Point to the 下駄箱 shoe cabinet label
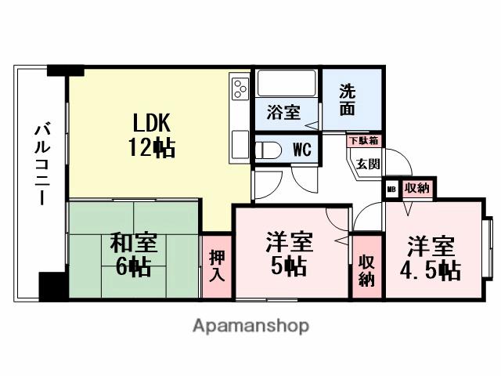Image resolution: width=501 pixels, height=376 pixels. (x=363, y=141)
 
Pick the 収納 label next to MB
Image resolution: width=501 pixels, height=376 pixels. (x=417, y=188)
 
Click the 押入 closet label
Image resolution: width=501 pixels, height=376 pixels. (x=217, y=266)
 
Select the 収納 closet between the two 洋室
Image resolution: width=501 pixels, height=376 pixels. (x=366, y=269)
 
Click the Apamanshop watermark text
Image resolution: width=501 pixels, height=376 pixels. (x=250, y=326)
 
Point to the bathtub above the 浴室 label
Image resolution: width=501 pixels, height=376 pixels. (x=286, y=84)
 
